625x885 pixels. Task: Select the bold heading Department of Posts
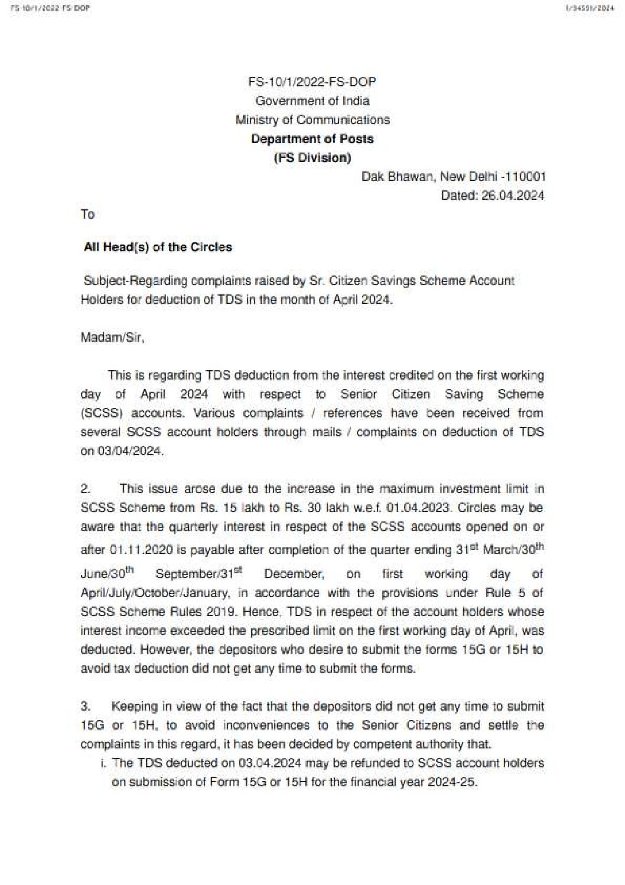(x=312, y=139)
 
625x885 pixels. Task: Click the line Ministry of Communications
(x=312, y=120)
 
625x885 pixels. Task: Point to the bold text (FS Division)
(x=312, y=158)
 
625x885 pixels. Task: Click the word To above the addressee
(x=87, y=215)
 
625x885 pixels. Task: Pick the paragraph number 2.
(x=86, y=489)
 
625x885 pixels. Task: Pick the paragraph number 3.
(x=86, y=706)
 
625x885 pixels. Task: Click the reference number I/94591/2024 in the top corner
(x=589, y=9)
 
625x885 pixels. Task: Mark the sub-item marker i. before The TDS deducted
(x=104, y=763)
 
